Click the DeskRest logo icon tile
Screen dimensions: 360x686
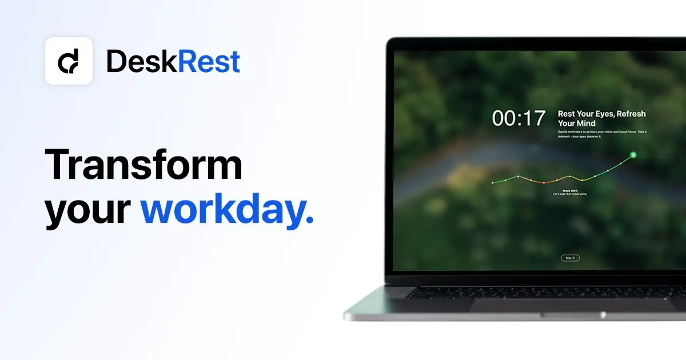pyautogui.click(x=69, y=61)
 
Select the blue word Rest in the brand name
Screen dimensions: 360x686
pyautogui.click(x=209, y=62)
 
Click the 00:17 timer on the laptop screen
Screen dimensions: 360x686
pyautogui.click(x=519, y=118)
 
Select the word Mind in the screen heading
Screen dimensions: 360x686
pyautogui.click(x=584, y=123)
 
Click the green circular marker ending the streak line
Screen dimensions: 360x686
pyautogui.click(x=633, y=154)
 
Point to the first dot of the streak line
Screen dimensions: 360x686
pyautogui.click(x=492, y=183)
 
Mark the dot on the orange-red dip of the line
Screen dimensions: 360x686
pyautogui.click(x=544, y=182)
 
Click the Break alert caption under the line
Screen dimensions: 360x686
pyautogui.click(x=571, y=192)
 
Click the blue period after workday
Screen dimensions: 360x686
pyautogui.click(x=310, y=220)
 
